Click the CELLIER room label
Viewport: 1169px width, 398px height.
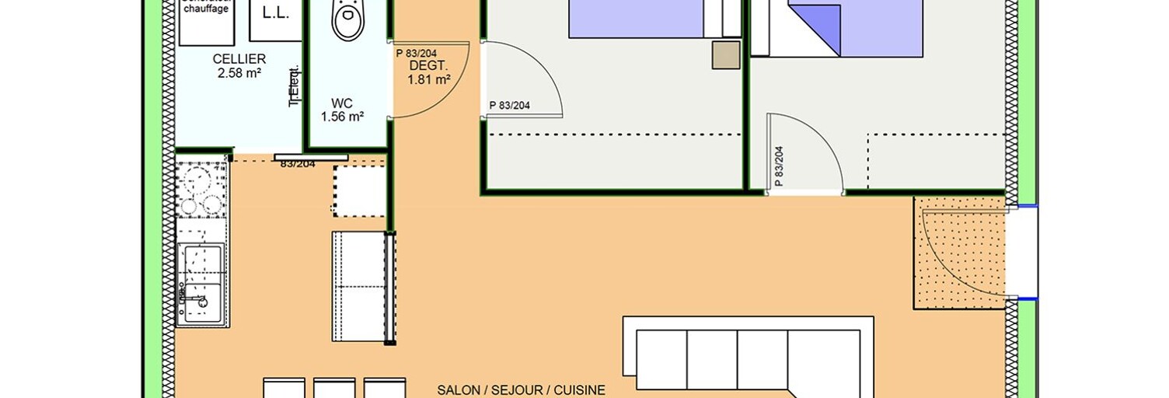pos(239,59)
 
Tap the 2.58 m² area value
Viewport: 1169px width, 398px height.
pos(239,74)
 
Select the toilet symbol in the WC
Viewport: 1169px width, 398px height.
pos(347,19)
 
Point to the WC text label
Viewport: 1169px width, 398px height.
pos(342,103)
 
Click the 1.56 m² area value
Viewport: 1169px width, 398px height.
pos(343,117)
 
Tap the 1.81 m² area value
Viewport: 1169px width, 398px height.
pos(429,79)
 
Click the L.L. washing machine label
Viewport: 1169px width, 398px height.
pos(275,12)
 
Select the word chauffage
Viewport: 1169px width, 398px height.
pos(205,9)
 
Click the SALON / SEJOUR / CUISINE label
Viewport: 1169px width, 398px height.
pos(521,390)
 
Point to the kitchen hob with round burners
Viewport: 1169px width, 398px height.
pos(201,190)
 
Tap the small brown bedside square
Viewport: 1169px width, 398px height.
pos(727,56)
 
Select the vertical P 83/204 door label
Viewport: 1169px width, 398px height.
pos(779,167)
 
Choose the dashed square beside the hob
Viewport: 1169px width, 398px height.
pos(359,190)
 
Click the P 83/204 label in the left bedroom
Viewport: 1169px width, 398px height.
pos(510,106)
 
